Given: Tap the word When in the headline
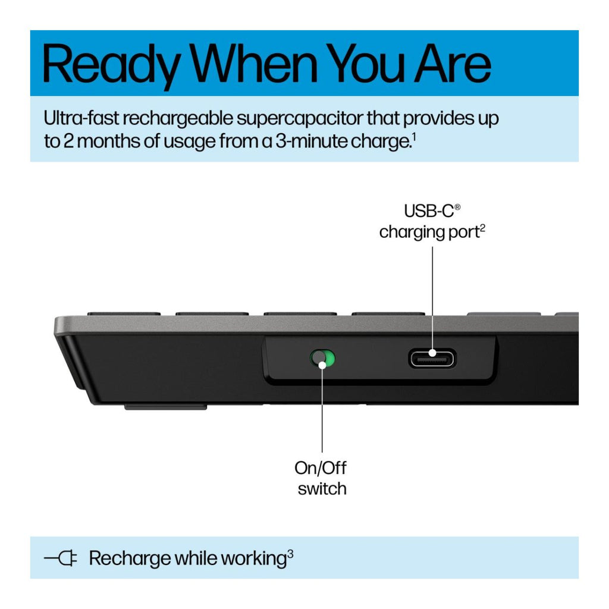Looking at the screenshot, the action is [x=254, y=63].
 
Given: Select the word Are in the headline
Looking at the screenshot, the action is [x=453, y=63].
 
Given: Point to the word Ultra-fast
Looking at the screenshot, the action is [x=81, y=118].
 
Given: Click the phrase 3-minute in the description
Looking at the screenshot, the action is [x=312, y=140].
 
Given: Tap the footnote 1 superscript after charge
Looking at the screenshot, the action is [x=414, y=137].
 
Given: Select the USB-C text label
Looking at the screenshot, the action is [x=429, y=211].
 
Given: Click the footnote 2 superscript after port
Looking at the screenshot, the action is [x=482, y=228].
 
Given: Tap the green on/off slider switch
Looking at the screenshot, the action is [x=322, y=359].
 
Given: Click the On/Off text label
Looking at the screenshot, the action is [x=321, y=468].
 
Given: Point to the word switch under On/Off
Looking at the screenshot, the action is [x=322, y=489].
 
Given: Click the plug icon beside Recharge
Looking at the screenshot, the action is [x=61, y=558].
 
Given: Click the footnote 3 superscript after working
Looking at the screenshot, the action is [x=290, y=554].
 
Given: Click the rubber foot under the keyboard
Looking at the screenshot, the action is [x=165, y=407].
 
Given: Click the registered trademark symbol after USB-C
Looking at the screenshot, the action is [x=457, y=207].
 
